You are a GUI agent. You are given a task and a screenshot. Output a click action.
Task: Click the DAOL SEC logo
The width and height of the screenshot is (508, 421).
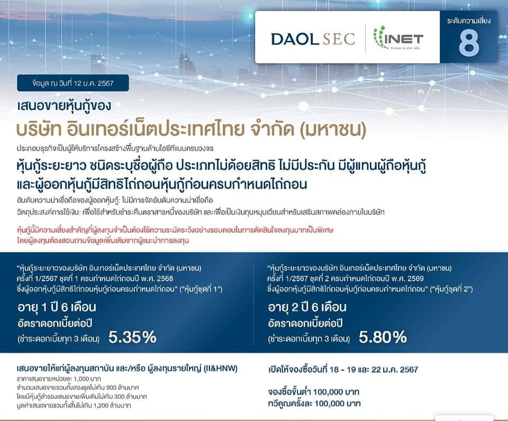tap(313, 39)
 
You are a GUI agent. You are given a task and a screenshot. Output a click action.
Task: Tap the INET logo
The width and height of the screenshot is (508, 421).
tap(398, 38)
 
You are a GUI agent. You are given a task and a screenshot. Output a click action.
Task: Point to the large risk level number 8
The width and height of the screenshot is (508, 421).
tap(469, 43)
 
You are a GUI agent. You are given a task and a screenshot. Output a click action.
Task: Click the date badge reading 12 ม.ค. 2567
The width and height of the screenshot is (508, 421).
tap(73, 83)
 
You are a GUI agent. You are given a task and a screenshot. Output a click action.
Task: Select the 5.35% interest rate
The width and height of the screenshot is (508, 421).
tap(132, 337)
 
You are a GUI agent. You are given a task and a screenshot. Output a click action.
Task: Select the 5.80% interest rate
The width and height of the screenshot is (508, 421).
tap(383, 337)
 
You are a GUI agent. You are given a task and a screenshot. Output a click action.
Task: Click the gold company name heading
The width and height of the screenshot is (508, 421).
tap(191, 129)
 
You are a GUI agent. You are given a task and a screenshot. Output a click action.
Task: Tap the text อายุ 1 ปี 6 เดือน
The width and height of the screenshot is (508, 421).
tap(57, 307)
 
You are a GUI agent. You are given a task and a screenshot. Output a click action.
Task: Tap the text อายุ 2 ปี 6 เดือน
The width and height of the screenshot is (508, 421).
tap(307, 307)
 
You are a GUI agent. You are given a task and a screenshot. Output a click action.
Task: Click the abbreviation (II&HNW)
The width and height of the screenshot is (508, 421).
tap(221, 369)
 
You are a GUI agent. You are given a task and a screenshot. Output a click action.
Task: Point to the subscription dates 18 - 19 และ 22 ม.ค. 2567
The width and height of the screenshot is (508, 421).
tap(374, 370)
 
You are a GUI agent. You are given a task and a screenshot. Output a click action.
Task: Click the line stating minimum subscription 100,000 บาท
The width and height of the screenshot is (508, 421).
tap(314, 392)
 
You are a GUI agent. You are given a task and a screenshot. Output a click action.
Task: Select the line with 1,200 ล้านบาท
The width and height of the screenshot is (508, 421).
tap(74, 405)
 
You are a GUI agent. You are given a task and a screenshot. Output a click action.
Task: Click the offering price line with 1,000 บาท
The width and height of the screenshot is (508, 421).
tap(59, 379)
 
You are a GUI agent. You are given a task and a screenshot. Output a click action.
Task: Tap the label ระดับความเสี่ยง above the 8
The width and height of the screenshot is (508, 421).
tap(469, 21)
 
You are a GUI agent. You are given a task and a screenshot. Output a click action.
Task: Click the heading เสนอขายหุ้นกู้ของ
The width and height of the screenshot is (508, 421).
tap(64, 106)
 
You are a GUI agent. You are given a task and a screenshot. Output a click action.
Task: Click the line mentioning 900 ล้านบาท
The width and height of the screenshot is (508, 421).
tap(78, 388)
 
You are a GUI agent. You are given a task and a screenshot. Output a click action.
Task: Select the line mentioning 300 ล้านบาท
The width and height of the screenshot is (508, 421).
tap(81, 396)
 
